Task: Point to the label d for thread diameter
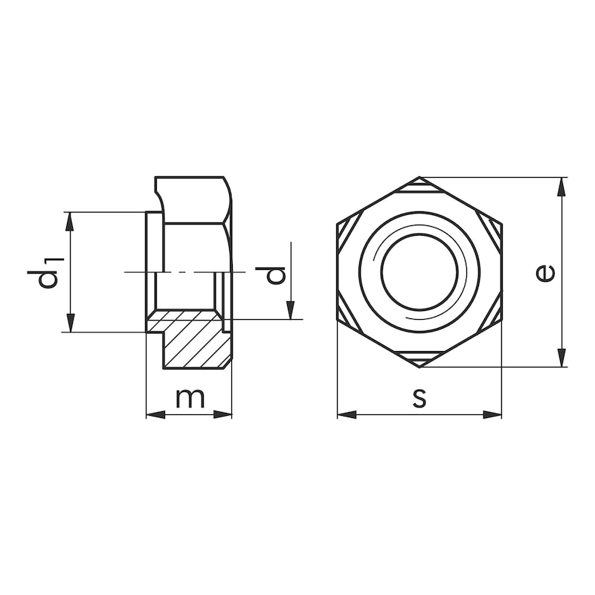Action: (276, 274)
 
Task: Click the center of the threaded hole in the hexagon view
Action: (419, 272)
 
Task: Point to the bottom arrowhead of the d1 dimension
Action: (70, 324)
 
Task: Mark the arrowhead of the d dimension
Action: (291, 311)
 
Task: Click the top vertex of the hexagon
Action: (419, 178)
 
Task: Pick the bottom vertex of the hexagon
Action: (419, 367)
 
